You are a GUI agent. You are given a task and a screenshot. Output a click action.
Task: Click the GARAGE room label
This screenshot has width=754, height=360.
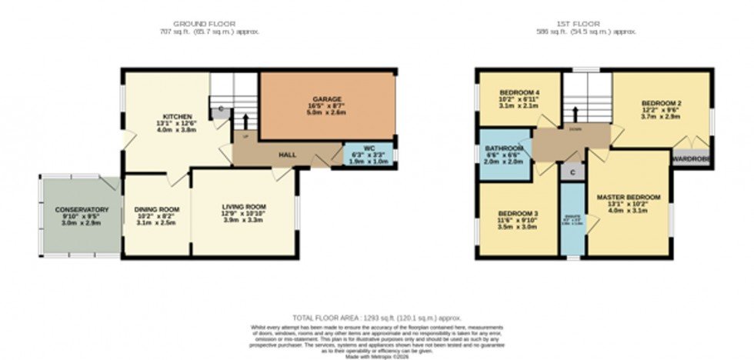pos(327,99)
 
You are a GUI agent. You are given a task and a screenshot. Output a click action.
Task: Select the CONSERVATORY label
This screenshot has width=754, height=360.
pos(82,210)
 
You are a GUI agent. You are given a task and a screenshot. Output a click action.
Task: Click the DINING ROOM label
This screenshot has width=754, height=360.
pos(156,210)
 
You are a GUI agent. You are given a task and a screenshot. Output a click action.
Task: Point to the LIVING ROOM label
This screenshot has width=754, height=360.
pos(243,207)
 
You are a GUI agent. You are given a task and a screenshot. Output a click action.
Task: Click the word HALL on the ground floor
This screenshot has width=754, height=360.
pos(287,155)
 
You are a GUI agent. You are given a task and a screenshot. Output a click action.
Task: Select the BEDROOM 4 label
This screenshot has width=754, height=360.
pos(515,93)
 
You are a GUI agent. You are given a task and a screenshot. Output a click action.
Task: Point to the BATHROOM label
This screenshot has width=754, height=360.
pos(504,148)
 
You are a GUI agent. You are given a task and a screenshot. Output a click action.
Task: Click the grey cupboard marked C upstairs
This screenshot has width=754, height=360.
pos(572,173)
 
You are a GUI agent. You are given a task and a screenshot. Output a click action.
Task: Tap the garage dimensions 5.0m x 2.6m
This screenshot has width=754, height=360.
pos(327,112)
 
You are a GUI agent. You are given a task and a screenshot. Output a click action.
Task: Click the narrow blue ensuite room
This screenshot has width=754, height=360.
pos(571,223)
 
